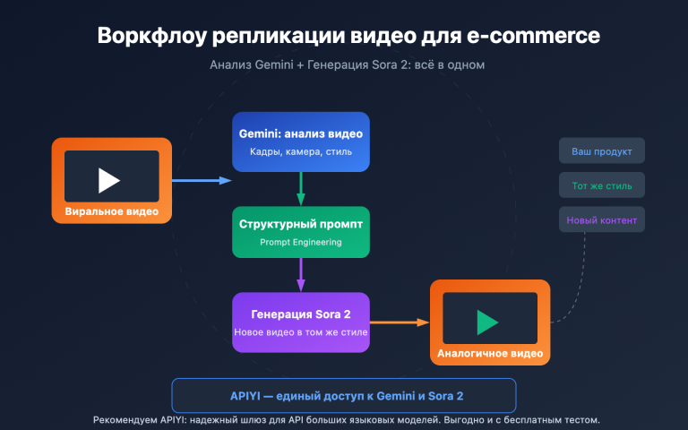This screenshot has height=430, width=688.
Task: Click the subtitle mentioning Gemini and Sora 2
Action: pos(348,65)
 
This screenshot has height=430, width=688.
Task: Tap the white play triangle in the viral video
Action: pos(109,180)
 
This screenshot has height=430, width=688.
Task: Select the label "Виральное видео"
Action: pos(112,211)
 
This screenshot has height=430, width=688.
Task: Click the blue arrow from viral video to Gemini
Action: pos(201,181)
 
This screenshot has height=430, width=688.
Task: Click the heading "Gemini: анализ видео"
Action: pos(301,133)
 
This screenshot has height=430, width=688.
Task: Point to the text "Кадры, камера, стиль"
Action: pos(301,152)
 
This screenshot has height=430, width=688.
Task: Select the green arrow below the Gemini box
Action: pos(301,188)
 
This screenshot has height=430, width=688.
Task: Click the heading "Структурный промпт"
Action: pos(301,224)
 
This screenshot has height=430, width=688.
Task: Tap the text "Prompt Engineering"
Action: pos(301,242)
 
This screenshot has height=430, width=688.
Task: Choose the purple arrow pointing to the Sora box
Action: pos(301,274)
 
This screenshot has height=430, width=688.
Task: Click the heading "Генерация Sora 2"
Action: pos(301,314)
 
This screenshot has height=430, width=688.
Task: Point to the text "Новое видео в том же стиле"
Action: pos(301,333)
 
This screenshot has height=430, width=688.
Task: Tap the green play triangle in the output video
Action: pos(488,322)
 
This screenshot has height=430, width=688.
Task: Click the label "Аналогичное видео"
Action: pos(489,353)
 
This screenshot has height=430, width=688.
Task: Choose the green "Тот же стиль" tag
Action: pos(601,186)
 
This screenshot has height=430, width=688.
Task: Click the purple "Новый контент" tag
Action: pos(601,220)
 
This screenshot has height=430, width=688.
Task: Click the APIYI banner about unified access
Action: pos(344,395)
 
